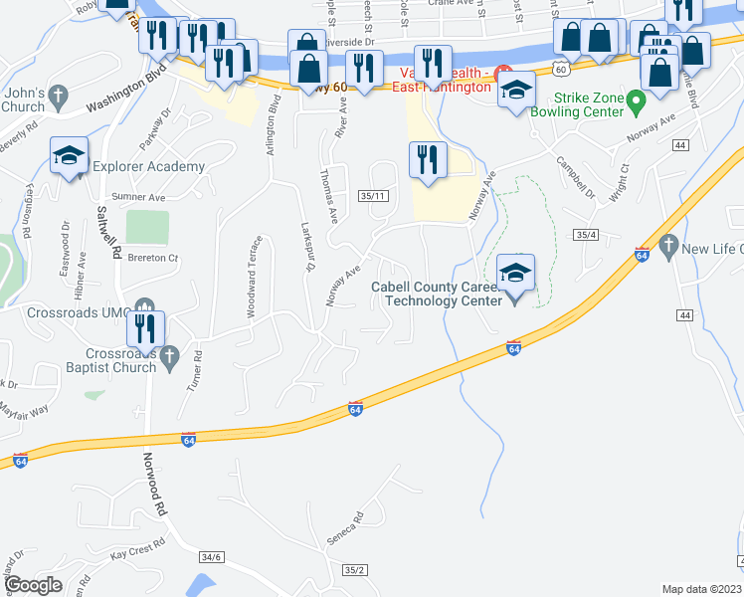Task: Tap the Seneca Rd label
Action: click(345, 528)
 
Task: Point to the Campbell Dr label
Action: click(575, 176)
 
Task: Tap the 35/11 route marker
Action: click(374, 196)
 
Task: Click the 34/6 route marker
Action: click(210, 557)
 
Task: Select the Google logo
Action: click(33, 584)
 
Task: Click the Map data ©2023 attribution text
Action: click(701, 589)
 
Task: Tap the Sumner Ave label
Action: click(138, 197)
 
